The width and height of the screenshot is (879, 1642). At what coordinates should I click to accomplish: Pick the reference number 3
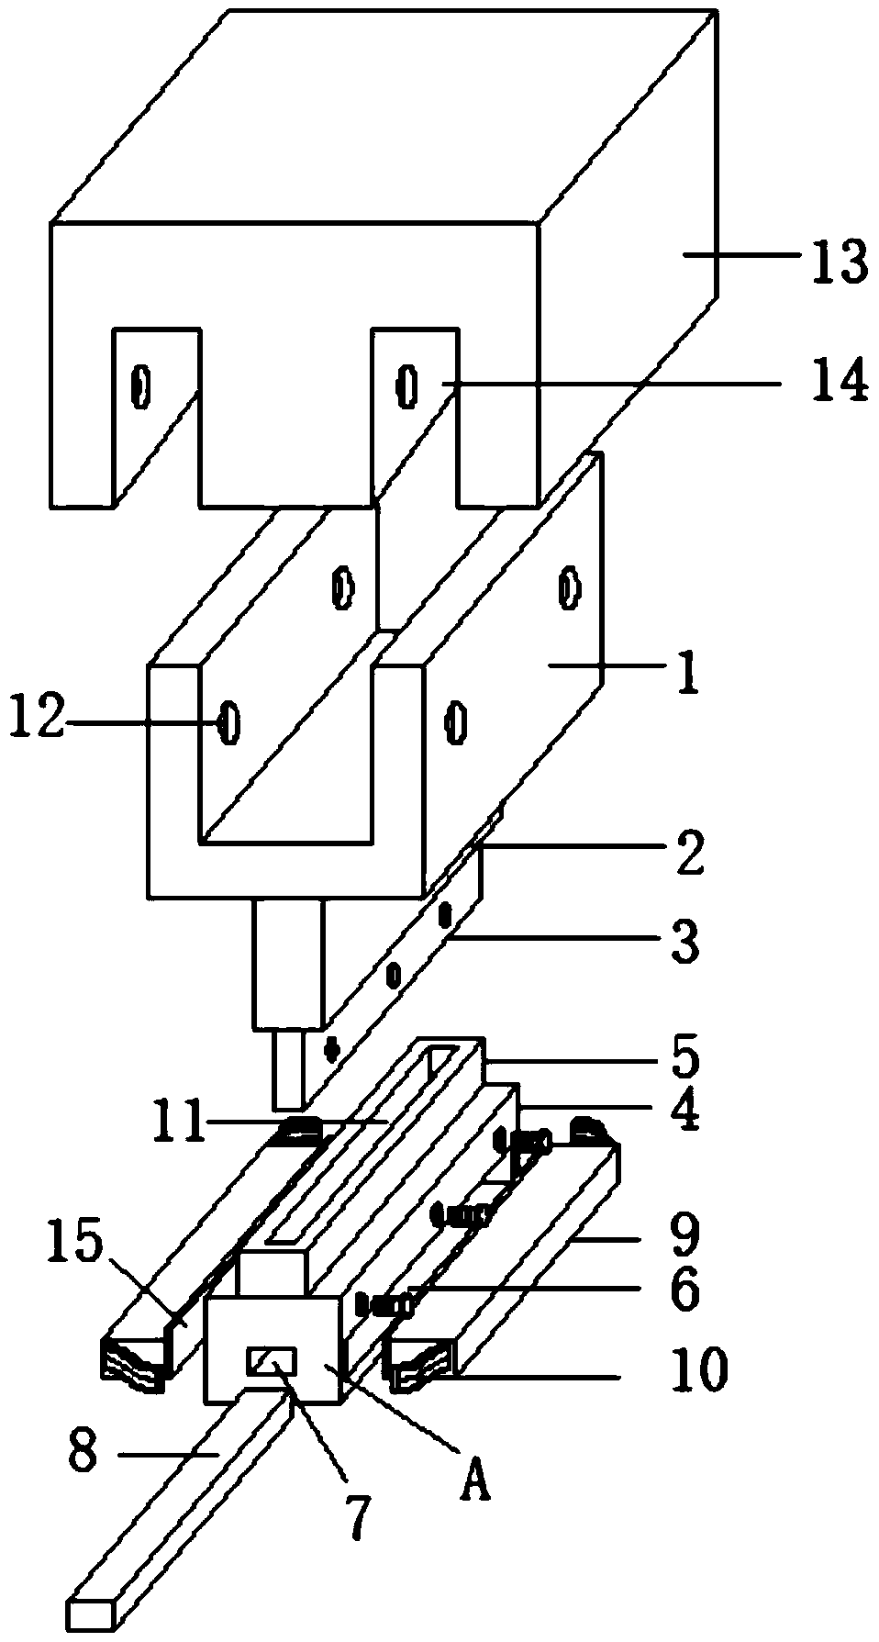click(x=684, y=942)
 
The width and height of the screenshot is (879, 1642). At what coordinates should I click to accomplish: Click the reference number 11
click(x=180, y=1123)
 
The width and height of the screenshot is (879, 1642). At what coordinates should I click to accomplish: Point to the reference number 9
click(x=684, y=1234)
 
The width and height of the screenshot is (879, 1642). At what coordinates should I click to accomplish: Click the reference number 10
click(x=698, y=1370)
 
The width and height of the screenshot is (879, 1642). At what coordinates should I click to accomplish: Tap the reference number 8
click(x=83, y=1453)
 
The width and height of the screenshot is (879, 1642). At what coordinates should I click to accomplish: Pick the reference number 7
click(x=358, y=1515)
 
